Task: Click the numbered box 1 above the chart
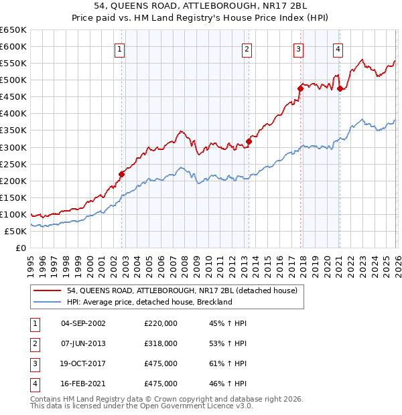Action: click(120, 48)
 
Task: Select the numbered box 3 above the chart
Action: click(298, 48)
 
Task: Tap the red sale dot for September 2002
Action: click(122, 174)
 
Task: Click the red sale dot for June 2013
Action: click(249, 141)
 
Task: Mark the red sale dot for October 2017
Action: click(300, 88)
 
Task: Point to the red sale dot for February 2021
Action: click(340, 88)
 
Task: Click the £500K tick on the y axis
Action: click(13, 80)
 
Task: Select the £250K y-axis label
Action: click(13, 164)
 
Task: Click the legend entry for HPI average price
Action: click(149, 302)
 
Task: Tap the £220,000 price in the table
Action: click(161, 323)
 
